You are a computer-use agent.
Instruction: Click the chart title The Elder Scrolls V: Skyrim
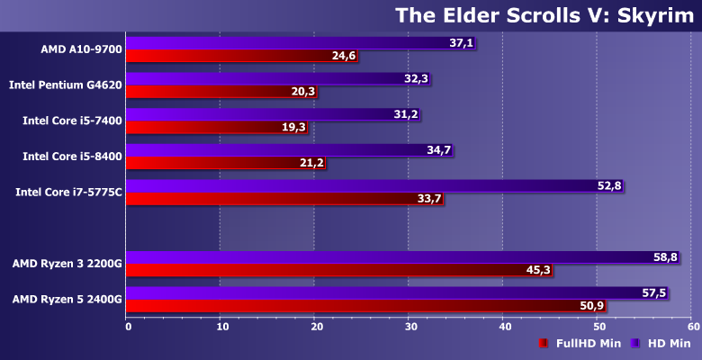coord(544,15)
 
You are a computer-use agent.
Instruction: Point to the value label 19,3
coord(294,128)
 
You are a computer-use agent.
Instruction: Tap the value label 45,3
coord(540,270)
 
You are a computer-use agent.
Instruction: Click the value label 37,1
coord(461,43)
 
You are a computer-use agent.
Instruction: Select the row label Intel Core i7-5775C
coord(68,192)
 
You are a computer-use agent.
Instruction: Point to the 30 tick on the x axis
coord(409,327)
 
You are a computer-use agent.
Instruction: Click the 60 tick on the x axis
coord(690,327)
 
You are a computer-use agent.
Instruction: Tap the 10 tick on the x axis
coord(221,327)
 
